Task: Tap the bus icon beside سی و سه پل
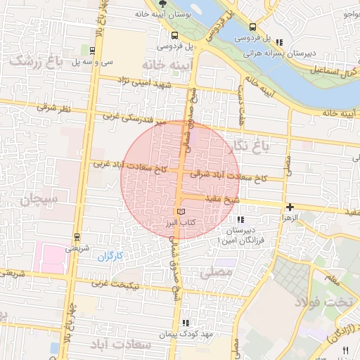[x=93, y=50]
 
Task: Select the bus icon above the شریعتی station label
[x=76, y=236]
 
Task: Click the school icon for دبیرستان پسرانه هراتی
[x=281, y=42]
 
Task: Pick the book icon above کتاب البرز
[x=181, y=211]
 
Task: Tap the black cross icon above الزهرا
[x=289, y=207]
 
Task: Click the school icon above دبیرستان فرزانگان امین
[x=241, y=220]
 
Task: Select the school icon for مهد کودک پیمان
[x=186, y=323]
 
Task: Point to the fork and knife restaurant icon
[x=345, y=349]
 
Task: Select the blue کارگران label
[x=109, y=255]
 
